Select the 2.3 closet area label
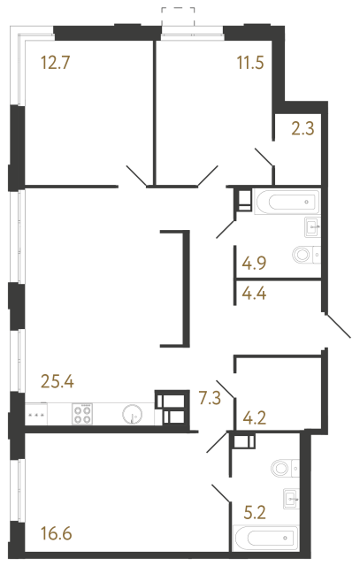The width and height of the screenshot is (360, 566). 303,127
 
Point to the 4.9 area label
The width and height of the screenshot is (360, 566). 256,263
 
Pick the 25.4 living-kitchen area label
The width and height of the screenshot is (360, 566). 58,383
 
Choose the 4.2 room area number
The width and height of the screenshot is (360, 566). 256,411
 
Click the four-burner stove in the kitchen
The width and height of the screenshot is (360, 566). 83,414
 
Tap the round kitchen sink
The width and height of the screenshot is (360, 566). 134,414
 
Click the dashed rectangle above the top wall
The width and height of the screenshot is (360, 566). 180,16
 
